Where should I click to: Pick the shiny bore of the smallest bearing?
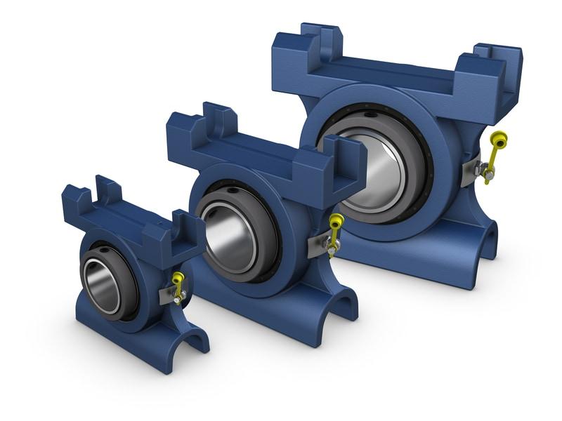point(101,286)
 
